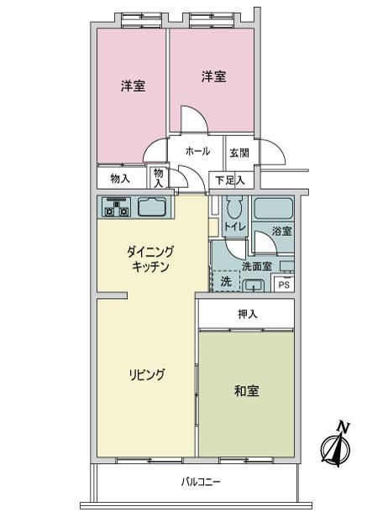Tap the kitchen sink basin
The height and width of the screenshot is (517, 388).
pos(152,207)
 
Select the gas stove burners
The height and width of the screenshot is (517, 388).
pos(116,207)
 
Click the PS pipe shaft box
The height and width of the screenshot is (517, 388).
pos(284,284)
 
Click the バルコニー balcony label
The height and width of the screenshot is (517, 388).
pos(200,483)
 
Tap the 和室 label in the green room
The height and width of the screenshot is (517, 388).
pos(246,391)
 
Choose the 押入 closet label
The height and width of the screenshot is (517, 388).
pos(248,314)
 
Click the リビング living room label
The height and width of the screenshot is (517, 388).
pos(146,375)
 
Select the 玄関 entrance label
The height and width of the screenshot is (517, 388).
pos(239,153)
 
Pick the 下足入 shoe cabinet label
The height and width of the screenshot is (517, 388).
pos(230,180)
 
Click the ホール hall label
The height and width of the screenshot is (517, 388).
pos(197,151)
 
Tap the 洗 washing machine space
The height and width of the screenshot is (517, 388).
pos(226,281)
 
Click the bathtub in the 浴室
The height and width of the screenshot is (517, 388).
pos(274,208)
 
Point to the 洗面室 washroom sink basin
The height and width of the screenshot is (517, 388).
pos(254,285)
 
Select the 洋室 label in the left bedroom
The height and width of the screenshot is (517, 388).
pos(133,86)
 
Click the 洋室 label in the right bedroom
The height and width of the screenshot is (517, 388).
pos(214,76)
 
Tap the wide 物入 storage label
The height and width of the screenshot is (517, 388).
pos(120,179)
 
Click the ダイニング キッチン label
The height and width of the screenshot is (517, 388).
pos(150,259)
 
